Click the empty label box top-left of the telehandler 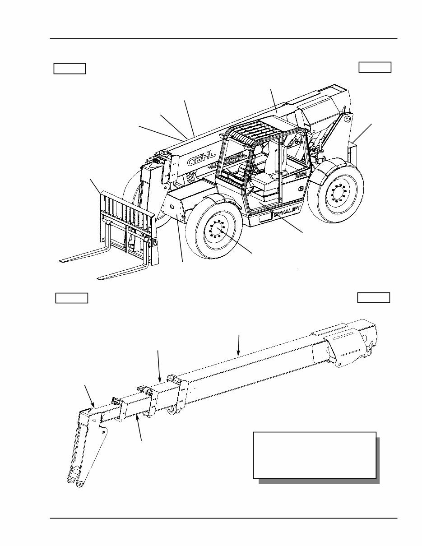[70, 69]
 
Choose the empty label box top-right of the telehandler [375, 67]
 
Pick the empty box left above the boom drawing [71, 298]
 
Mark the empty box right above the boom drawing [373, 298]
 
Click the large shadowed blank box [315, 455]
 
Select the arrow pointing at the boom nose [90, 396]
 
